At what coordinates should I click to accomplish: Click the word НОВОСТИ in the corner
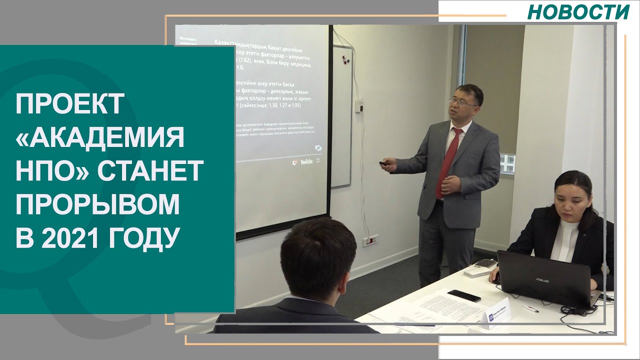coord(578,12)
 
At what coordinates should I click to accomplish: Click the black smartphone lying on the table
coord(463,295)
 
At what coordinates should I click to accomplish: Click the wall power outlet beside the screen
coord(370,239)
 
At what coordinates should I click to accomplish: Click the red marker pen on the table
coord(530,308)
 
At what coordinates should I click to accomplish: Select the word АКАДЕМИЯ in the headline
coord(100,138)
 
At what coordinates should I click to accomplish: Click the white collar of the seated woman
coord(565,234)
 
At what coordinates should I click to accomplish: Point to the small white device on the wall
coord(358,105)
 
